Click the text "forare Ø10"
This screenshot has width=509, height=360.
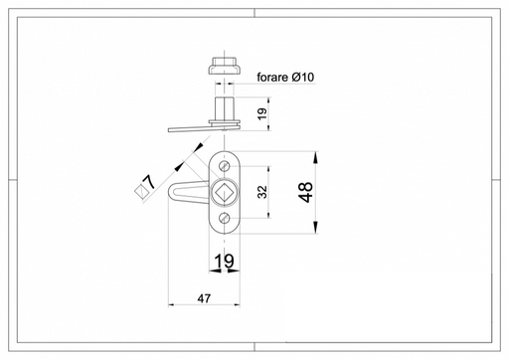pyautogui.click(x=285, y=78)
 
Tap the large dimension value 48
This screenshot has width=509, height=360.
pyautogui.click(x=306, y=192)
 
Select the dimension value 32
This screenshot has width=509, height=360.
pyautogui.click(x=262, y=192)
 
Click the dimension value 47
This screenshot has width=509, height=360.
pyautogui.click(x=204, y=298)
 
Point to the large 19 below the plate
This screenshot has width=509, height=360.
pyautogui.click(x=224, y=261)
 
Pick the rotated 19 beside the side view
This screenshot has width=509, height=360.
pyautogui.click(x=261, y=114)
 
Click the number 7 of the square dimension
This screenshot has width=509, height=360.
pyautogui.click(x=149, y=182)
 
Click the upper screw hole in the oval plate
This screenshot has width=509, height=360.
pyautogui.click(x=225, y=165)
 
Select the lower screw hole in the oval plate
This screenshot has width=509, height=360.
pyautogui.click(x=225, y=218)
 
